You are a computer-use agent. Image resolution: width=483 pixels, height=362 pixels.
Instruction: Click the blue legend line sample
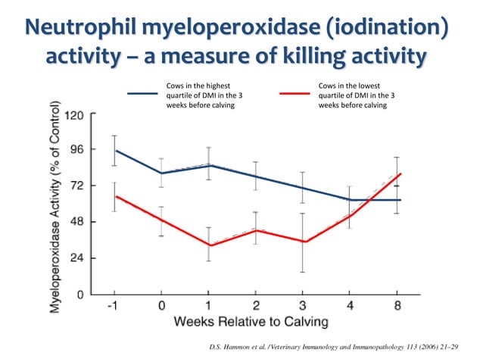[143, 95]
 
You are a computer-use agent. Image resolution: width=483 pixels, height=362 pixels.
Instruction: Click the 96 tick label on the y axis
[76, 149]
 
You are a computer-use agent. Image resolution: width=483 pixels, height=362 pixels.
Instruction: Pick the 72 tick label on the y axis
[76, 186]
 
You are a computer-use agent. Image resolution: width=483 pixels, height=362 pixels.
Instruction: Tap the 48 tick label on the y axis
[76, 222]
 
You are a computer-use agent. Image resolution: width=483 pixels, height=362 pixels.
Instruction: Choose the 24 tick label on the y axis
[76, 258]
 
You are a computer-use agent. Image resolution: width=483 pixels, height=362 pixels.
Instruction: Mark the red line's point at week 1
[209, 245]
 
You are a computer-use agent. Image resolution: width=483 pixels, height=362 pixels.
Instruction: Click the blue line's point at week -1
[114, 150]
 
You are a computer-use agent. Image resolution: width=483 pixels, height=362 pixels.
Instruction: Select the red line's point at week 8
[400, 173]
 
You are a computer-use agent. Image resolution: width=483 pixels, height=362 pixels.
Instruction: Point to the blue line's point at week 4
[351, 200]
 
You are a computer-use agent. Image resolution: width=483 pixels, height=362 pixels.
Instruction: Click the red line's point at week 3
[304, 242]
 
